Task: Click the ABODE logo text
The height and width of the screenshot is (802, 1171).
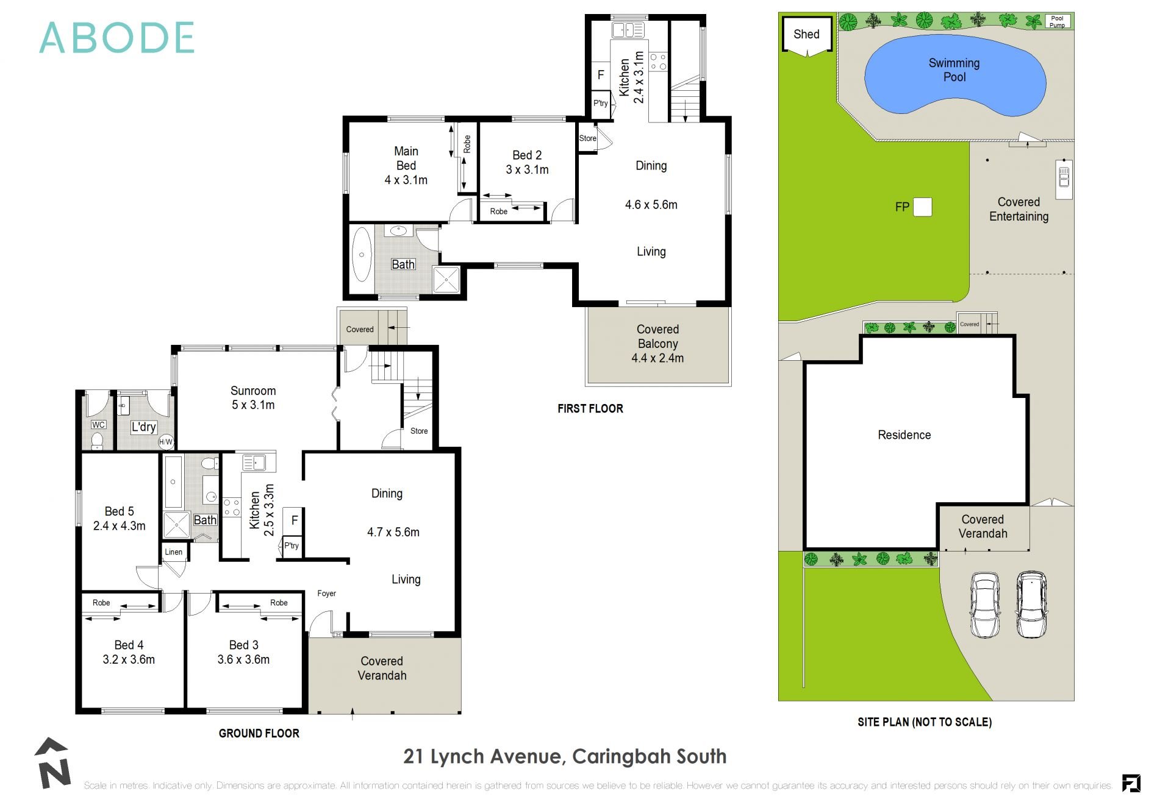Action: coord(116,38)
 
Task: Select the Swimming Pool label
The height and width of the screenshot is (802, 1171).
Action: coord(954,70)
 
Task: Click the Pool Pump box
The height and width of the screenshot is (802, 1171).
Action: coord(1057,22)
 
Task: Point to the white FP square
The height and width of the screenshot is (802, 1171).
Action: coord(922,207)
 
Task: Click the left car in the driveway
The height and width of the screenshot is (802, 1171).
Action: coord(984,605)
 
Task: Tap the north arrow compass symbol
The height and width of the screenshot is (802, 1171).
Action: coord(52,763)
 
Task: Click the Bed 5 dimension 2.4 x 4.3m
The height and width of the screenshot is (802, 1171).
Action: coord(119,526)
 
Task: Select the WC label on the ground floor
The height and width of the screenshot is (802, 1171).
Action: coord(98,425)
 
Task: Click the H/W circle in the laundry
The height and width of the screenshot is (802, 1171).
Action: coord(166,442)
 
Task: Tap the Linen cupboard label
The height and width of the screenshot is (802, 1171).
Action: coord(173,552)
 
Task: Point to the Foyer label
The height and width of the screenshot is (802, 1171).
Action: coord(326,594)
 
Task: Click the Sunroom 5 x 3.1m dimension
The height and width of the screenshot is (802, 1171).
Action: coord(252,405)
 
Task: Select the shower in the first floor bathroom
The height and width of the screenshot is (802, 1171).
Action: coord(447,280)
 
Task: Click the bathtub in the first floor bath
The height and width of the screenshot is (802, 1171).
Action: coord(361,255)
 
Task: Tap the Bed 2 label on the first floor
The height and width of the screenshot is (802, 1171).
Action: coord(527,155)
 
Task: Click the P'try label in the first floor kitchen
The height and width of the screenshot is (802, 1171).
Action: coord(601,103)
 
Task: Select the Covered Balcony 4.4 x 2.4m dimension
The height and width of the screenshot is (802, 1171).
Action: coord(657,358)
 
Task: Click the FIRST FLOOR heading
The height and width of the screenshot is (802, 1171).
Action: coord(590,409)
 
